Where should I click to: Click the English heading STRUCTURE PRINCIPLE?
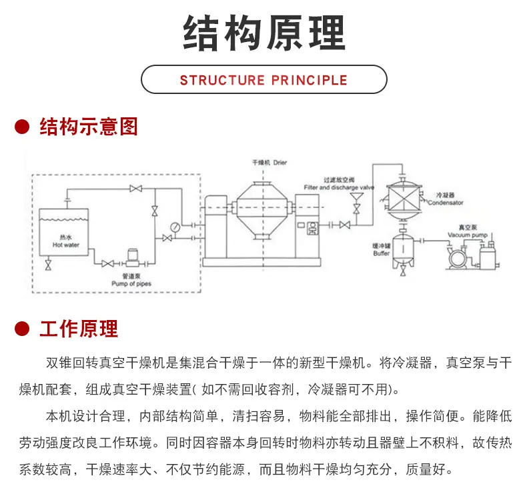[263, 80]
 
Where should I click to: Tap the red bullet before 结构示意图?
[22, 127]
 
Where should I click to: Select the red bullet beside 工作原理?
[22, 329]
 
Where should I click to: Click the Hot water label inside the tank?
[66, 245]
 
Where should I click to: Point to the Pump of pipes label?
[131, 284]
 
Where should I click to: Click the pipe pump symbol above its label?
[133, 258]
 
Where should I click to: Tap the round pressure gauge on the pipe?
[175, 227]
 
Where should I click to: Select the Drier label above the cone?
[280, 163]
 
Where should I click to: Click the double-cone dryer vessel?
[263, 210]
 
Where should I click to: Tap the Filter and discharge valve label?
[339, 187]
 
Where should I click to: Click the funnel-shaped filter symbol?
[356, 197]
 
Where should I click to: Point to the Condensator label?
[446, 203]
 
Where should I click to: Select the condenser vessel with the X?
[404, 201]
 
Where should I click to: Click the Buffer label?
[382, 253]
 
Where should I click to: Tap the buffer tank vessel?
[403, 249]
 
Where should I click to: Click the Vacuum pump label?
[468, 235]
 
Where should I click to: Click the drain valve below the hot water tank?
[49, 265]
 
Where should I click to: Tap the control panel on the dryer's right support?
[313, 229]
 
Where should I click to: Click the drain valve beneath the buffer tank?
[403, 271]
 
